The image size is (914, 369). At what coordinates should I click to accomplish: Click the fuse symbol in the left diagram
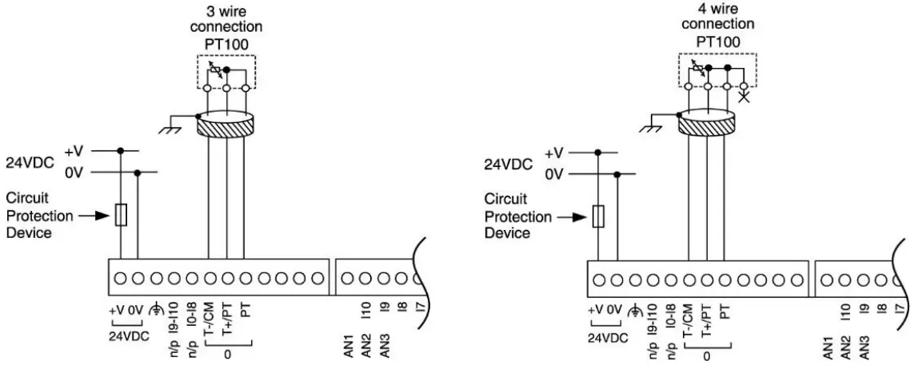121,215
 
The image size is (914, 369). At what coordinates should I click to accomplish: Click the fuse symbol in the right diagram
597,215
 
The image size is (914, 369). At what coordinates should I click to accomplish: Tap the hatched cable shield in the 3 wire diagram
226,125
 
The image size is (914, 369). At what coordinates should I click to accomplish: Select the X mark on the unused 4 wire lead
745,97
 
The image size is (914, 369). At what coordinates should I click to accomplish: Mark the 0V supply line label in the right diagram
554,173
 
